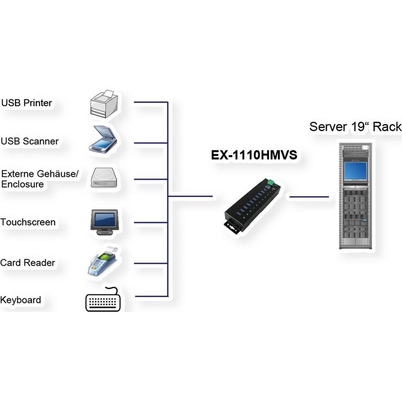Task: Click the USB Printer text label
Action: pos(27,103)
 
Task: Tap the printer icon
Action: pos(104,104)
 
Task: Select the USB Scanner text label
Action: pos(30,141)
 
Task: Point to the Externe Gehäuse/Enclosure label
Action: pos(39,179)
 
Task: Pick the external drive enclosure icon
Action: pos(104,178)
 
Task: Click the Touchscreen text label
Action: pos(28,222)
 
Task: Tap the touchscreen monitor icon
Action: pos(104,222)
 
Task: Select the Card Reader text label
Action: pos(28,263)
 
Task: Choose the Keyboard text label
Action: pos(21,300)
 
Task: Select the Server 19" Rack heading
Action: pos(355,127)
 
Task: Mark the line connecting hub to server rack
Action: pos(309,197)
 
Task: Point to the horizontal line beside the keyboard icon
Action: pos(151,296)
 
